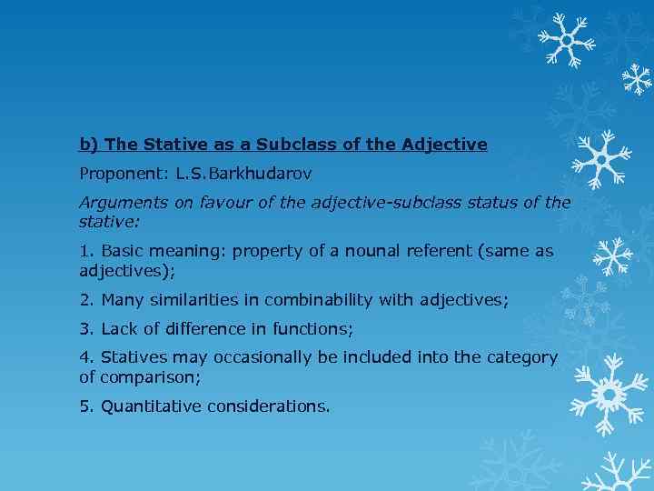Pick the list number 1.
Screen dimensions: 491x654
pos(85,251)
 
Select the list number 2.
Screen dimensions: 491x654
pos(85,299)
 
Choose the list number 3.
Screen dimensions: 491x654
pos(85,328)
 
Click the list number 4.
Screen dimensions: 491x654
pos(85,358)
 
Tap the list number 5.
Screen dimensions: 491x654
pos(85,406)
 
